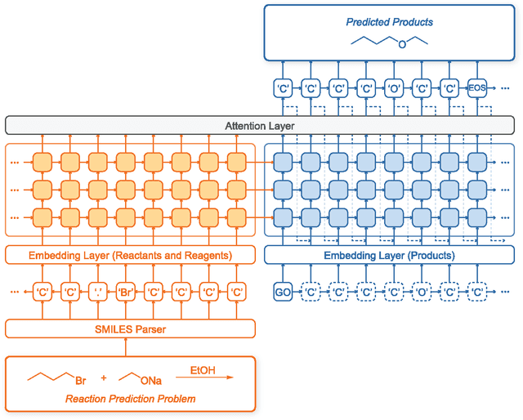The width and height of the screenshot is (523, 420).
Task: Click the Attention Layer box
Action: [260, 126]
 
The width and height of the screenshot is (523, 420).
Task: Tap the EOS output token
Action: [477, 87]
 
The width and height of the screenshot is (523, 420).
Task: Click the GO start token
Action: [283, 292]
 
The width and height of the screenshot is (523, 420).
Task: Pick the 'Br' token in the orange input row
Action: [125, 292]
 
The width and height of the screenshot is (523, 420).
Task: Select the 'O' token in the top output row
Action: [394, 87]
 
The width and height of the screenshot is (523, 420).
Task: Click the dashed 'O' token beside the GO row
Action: [422, 292]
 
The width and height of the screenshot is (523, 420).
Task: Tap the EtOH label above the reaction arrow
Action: [203, 370]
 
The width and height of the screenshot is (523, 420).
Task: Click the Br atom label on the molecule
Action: [81, 381]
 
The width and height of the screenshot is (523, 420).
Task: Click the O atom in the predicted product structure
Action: [401, 45]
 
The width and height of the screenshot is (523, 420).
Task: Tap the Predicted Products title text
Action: [390, 22]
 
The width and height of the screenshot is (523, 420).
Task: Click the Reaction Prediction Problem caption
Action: [130, 399]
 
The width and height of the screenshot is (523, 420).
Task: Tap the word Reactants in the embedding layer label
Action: [136, 256]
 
